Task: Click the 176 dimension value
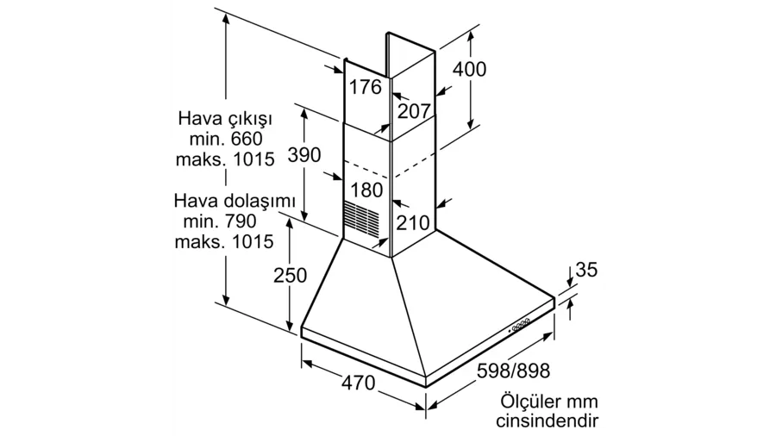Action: pos(366,87)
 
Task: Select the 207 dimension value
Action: pos(415,110)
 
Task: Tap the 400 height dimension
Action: pos(470,70)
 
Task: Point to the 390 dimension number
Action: pos(304,155)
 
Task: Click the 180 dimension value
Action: pos(366,190)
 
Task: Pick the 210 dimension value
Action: pos(413,223)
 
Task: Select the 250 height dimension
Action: pos(290,275)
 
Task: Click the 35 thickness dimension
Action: pos(586,270)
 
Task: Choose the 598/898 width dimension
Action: pos(513,371)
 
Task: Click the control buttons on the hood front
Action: pos(521,325)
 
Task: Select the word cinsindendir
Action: pos(547,422)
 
